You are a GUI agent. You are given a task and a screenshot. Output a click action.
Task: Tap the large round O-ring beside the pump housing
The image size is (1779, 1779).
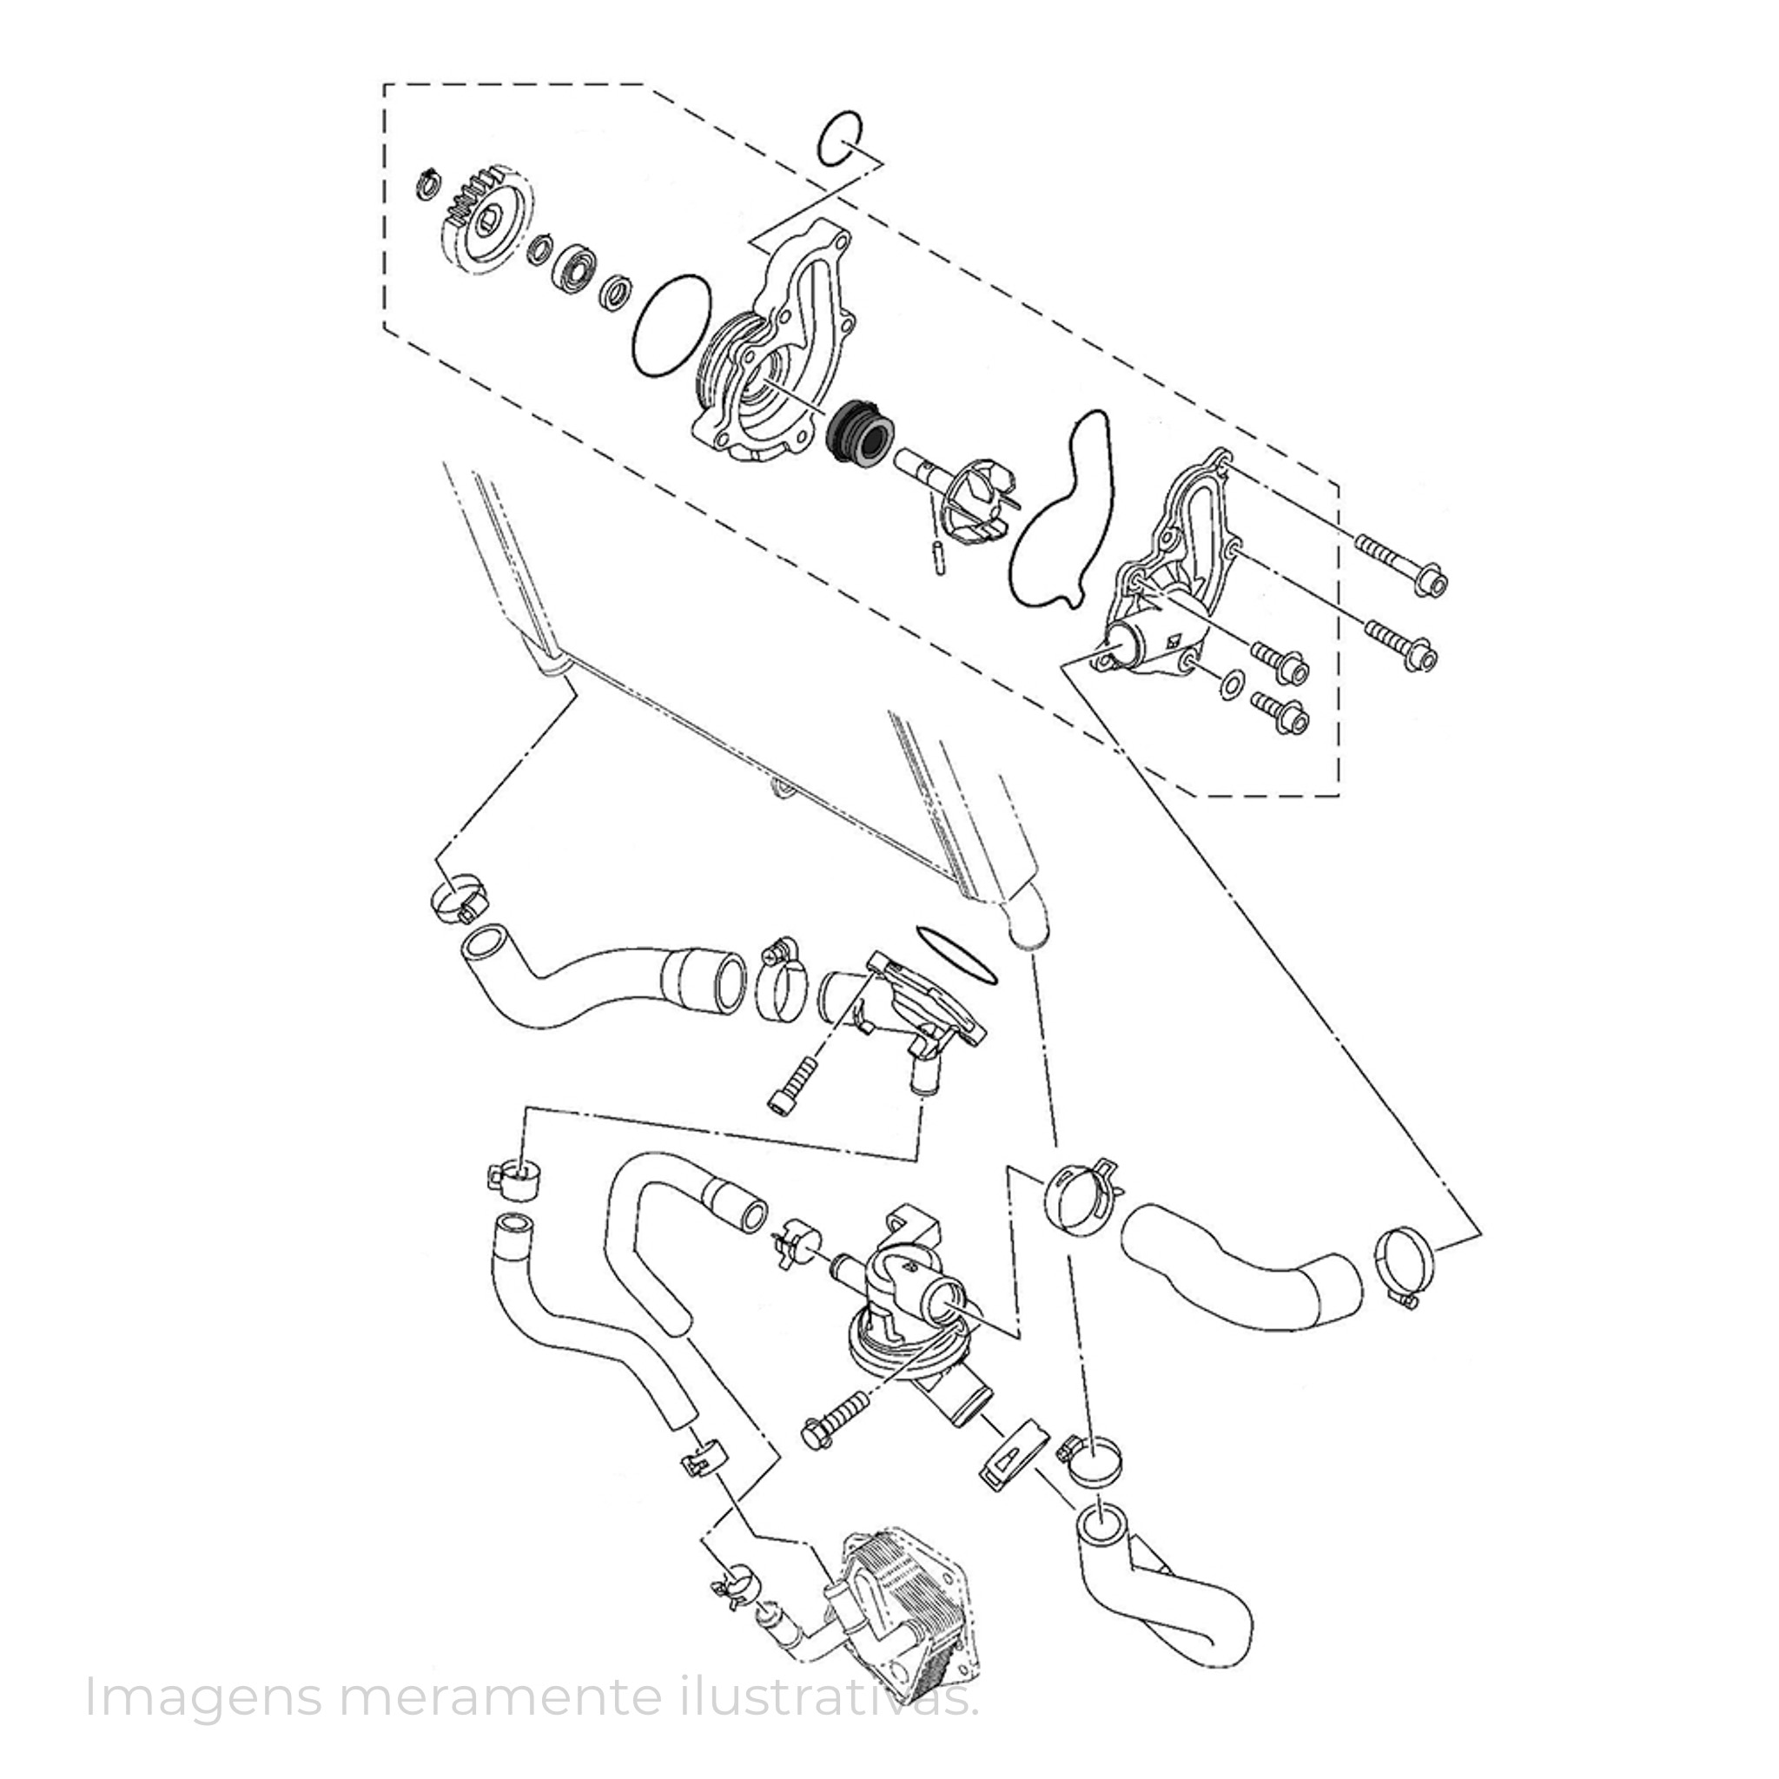coord(672,325)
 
